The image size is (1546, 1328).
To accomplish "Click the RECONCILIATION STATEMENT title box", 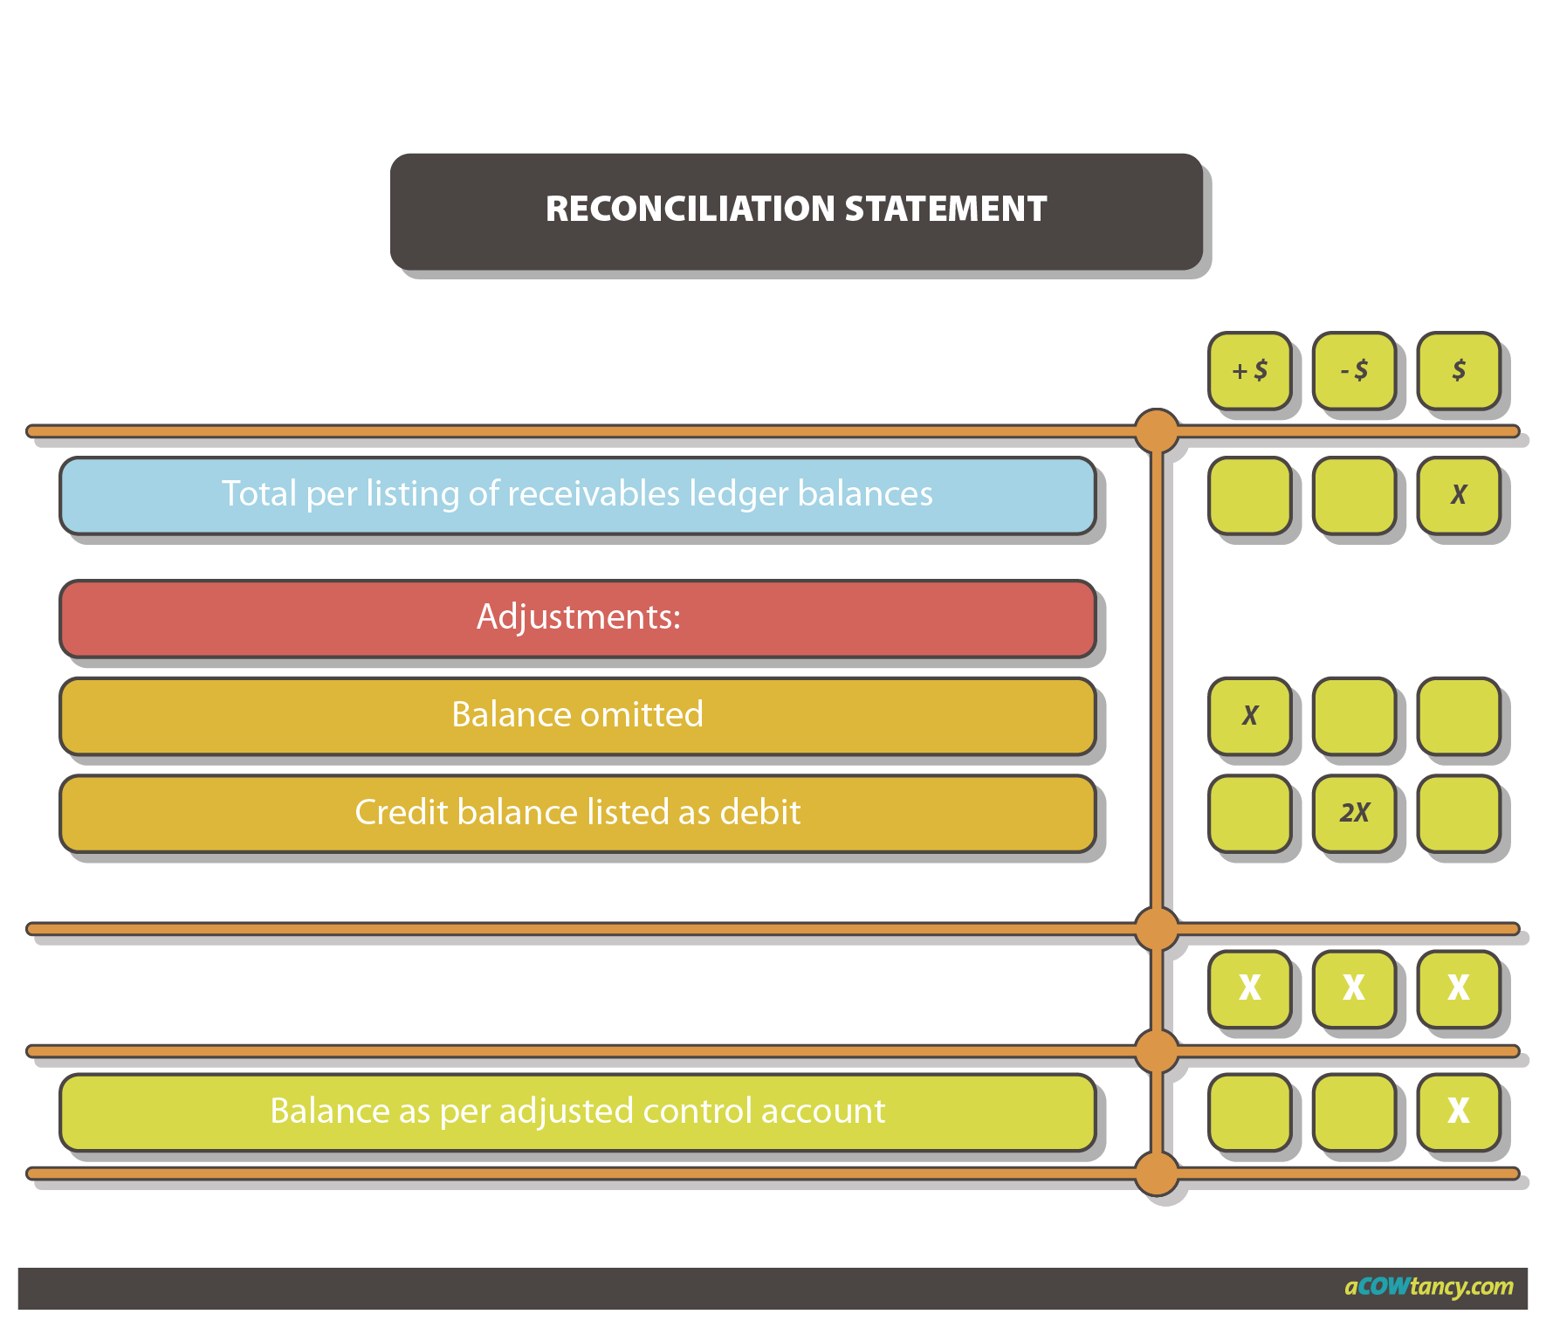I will [796, 211].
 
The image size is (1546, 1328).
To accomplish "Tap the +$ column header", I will [1249, 370].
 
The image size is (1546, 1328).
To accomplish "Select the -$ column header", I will [1354, 370].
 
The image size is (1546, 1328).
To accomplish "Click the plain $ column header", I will [1458, 370].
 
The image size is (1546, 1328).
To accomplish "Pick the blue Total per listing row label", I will [577, 494].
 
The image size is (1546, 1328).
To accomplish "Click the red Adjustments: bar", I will [577, 617].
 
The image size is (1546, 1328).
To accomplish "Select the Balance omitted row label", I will [577, 715].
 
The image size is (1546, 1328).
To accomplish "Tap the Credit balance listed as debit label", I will [577, 813].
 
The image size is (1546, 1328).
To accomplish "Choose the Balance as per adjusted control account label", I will [577, 1111].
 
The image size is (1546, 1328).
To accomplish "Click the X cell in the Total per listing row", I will [1458, 495].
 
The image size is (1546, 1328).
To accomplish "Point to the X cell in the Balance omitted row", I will [1249, 716].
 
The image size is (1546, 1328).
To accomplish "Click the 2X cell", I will [1354, 813].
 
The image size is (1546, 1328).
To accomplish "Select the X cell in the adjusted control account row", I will [1458, 1111].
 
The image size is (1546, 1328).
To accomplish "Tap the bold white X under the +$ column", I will [1249, 988].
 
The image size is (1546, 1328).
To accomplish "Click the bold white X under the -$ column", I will [1354, 988].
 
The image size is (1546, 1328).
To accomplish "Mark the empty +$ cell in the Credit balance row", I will [1249, 813].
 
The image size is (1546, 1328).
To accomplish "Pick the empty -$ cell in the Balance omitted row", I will [1354, 716].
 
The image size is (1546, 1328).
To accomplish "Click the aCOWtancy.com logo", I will [1428, 1287].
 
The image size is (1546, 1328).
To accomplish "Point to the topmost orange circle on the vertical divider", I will [1157, 430].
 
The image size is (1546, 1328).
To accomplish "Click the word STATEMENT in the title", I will [945, 210].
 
